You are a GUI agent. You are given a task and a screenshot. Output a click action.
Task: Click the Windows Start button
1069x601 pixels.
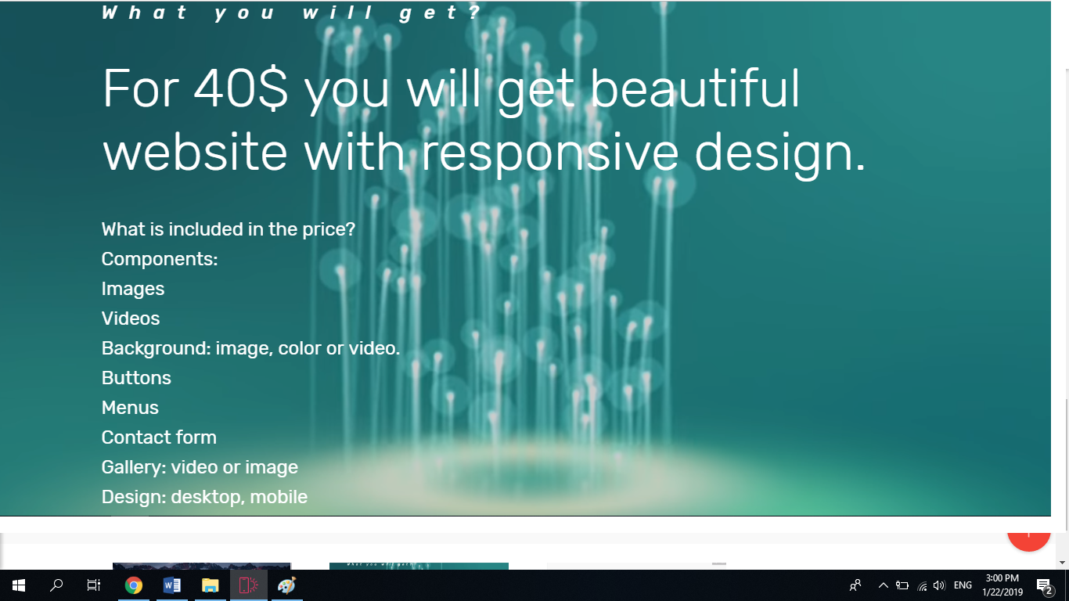[19, 585]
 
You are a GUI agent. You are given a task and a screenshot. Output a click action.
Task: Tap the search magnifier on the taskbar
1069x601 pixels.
[56, 585]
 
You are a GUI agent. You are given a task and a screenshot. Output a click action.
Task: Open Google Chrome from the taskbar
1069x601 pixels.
[134, 585]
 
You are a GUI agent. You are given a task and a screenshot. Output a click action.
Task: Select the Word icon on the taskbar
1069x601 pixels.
[172, 585]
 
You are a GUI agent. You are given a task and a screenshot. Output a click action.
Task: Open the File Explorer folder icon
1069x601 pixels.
[211, 585]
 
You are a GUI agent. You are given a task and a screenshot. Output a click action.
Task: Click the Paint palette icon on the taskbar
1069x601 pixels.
[286, 585]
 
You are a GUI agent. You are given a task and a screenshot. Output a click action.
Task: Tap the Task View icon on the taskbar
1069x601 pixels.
[94, 585]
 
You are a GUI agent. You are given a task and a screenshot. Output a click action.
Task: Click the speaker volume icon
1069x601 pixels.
[939, 585]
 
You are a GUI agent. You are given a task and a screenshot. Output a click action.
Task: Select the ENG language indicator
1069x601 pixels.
[963, 585]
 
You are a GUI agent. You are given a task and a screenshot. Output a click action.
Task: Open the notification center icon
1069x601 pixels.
[1044, 585]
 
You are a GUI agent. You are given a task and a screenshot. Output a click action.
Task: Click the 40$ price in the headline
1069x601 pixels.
[240, 88]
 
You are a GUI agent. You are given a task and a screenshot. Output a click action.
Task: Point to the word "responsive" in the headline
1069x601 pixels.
[549, 153]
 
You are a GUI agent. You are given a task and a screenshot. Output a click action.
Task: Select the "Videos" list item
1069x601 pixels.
[131, 318]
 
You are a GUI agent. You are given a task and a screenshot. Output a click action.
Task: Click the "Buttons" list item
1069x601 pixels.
[136, 378]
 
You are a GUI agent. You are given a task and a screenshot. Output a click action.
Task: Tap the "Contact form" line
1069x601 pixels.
[159, 437]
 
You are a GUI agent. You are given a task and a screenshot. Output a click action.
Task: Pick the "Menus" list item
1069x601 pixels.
[130, 408]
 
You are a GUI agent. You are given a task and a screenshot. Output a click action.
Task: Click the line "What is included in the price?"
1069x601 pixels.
[229, 229]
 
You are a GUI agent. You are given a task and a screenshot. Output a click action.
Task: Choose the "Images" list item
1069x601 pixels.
[133, 289]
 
